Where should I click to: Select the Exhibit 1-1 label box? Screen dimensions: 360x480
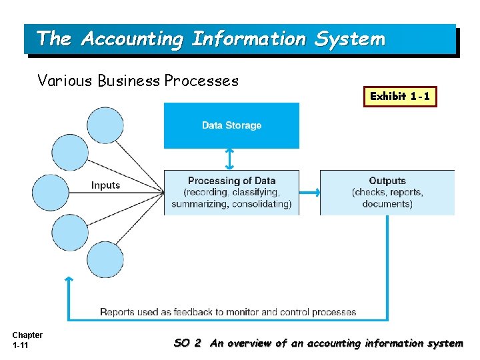coord(401,96)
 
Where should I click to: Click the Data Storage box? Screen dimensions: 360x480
coord(231,125)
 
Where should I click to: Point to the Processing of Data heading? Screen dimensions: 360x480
coord(231,181)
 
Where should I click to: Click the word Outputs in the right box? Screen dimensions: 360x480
coord(387,181)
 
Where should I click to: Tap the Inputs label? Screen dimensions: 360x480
coord(105,185)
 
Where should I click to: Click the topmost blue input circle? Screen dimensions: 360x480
coord(105,125)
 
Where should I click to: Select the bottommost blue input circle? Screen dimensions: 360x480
coord(105,259)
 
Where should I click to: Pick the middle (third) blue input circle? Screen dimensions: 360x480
coord(51,193)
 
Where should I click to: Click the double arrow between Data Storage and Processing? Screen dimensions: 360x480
coord(229,159)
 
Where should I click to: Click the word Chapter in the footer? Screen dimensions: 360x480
coord(27,335)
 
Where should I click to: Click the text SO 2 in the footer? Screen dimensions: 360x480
coord(187,343)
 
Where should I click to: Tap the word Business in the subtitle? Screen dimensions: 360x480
coord(129,81)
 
